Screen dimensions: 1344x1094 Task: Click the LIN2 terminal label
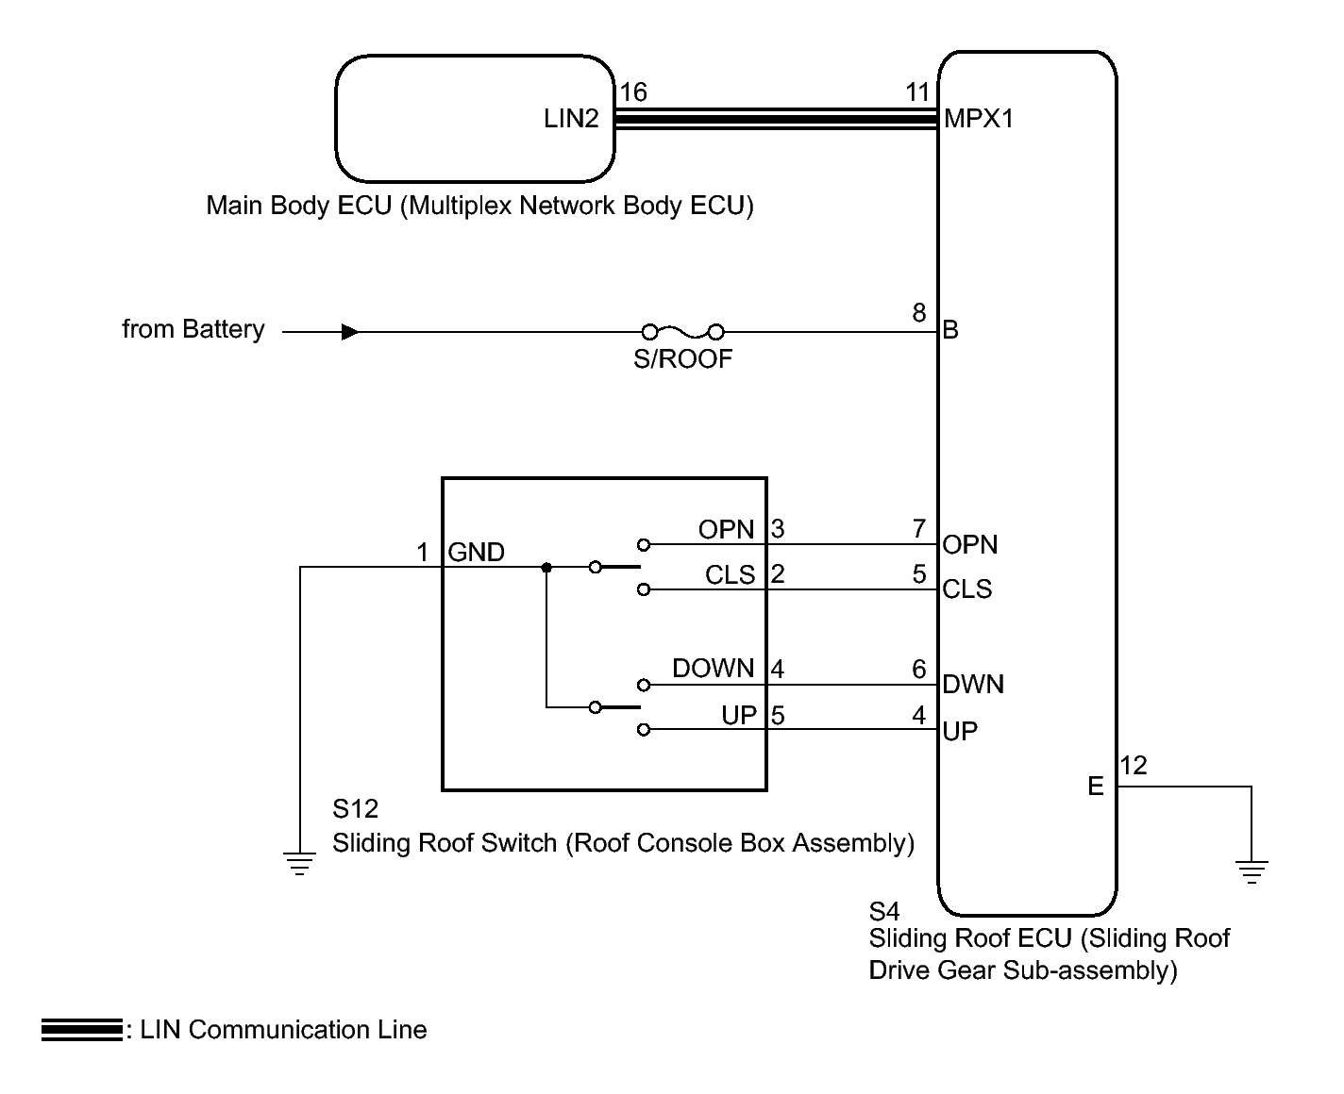click(x=571, y=119)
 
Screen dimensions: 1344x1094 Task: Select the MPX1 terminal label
click(x=979, y=119)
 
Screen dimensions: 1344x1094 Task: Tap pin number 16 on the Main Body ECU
click(x=633, y=92)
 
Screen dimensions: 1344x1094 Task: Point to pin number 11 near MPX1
click(x=918, y=92)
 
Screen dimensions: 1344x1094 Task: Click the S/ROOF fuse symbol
click(x=682, y=332)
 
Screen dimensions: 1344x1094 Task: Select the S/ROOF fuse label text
click(x=682, y=358)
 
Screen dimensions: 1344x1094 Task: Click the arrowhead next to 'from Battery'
click(x=350, y=332)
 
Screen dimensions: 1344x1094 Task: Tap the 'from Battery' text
click(x=193, y=329)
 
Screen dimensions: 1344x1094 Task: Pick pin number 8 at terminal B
click(x=919, y=313)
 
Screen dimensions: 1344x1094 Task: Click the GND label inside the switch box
click(x=476, y=553)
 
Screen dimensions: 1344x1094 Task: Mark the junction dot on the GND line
click(x=546, y=568)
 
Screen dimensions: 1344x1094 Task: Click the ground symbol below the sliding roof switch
click(x=300, y=863)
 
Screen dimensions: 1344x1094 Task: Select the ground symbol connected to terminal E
click(x=1252, y=871)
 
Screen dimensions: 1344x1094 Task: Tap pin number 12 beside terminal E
click(x=1134, y=766)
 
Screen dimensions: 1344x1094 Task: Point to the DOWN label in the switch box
click(x=713, y=668)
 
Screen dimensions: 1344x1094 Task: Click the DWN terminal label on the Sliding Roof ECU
click(x=973, y=684)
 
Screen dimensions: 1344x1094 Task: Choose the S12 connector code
click(x=355, y=808)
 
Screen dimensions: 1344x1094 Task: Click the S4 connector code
click(x=884, y=911)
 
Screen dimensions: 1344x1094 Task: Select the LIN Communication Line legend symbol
click(x=82, y=1030)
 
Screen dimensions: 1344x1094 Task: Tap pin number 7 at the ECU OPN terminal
click(x=919, y=528)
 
